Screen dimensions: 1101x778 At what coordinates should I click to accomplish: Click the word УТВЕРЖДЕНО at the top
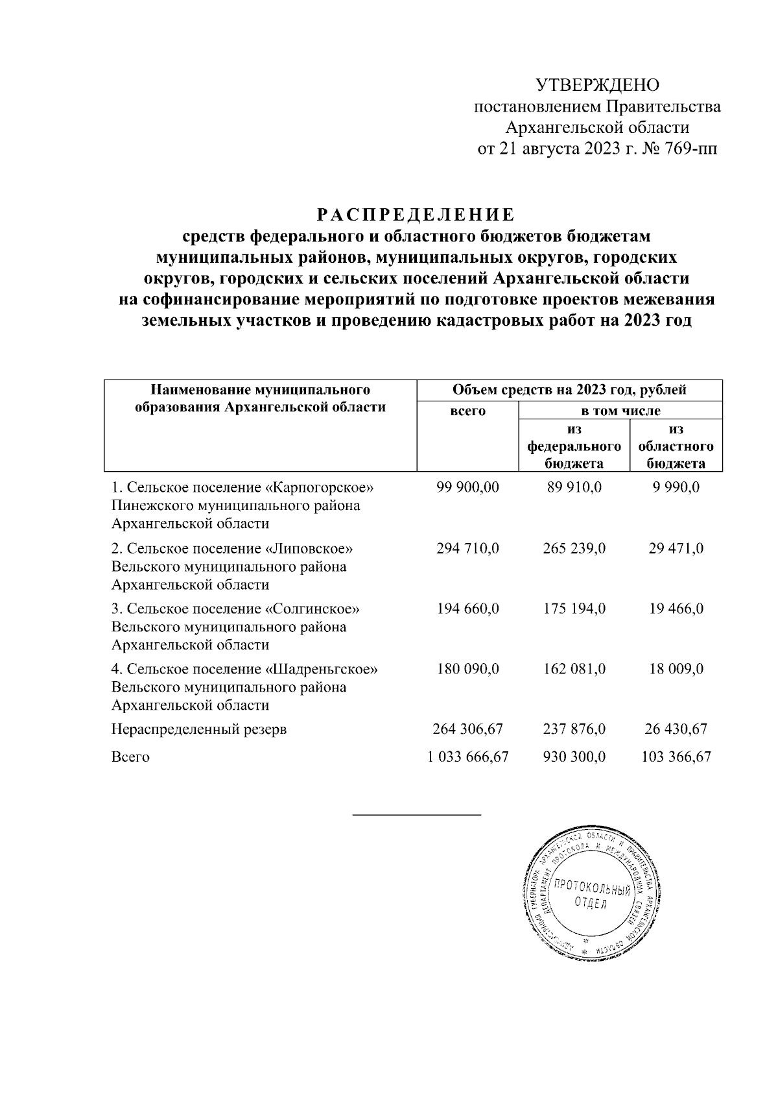[597, 85]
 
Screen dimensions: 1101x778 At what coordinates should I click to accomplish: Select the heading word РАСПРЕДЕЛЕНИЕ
[416, 214]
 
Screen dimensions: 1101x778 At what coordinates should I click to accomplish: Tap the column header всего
[467, 411]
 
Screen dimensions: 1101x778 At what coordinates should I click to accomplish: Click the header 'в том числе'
[620, 411]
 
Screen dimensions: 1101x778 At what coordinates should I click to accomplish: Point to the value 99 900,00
[467, 487]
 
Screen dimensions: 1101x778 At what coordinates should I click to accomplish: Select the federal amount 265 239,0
[574, 548]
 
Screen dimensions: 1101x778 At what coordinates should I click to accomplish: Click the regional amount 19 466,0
[676, 609]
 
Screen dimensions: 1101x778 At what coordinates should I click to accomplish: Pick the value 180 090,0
[467, 669]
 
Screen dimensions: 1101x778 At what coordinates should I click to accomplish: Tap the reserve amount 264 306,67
[467, 729]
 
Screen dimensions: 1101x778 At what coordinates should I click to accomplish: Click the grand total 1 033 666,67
[467, 756]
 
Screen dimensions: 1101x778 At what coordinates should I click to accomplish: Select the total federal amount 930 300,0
[574, 756]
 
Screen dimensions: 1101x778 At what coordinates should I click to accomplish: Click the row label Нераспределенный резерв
[199, 729]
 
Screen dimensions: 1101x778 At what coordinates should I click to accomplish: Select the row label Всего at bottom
[130, 756]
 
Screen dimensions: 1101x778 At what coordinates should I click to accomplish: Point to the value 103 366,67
[676, 756]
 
